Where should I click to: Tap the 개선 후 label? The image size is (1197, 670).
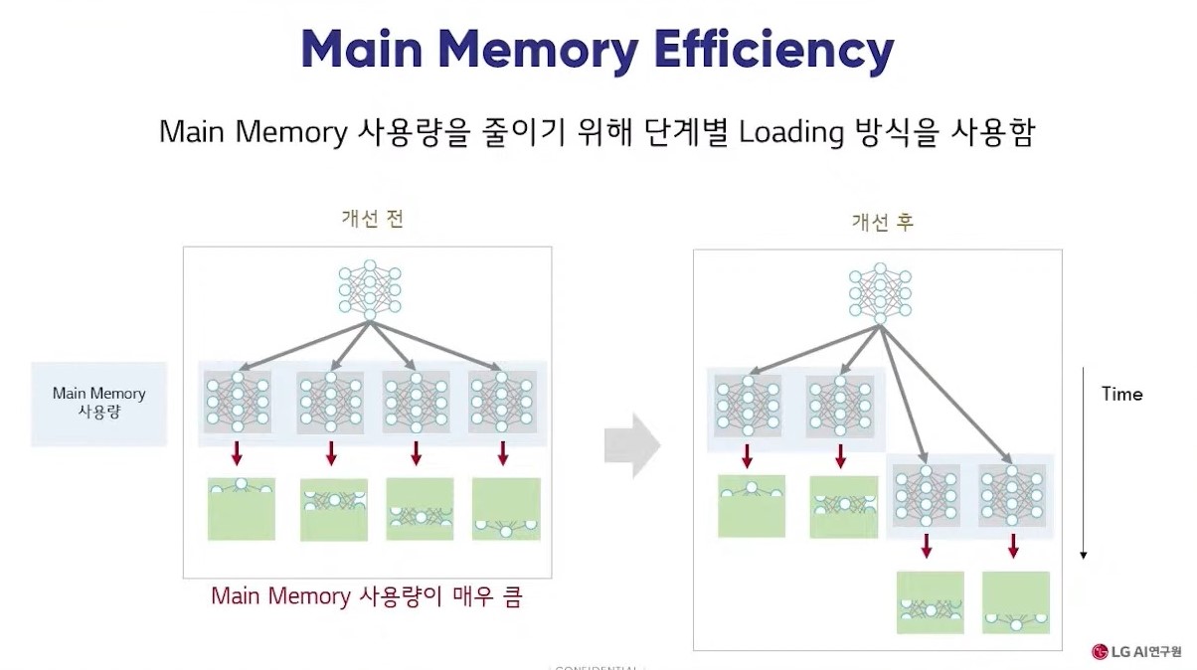tap(881, 223)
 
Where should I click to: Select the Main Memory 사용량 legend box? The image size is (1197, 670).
tap(98, 403)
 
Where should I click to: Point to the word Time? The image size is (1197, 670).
tap(1121, 394)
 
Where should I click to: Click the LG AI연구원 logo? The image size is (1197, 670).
tap(1136, 652)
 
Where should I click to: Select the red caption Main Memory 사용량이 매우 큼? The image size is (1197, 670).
tap(366, 596)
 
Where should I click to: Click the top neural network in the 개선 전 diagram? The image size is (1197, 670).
tap(369, 288)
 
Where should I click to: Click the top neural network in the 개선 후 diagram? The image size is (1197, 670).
tap(880, 293)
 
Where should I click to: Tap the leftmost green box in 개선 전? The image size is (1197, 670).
tap(241, 509)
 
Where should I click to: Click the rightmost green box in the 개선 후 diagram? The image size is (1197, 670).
tap(1015, 602)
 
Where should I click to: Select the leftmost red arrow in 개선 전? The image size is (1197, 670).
tap(237, 454)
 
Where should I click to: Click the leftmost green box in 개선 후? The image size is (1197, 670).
tap(752, 506)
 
